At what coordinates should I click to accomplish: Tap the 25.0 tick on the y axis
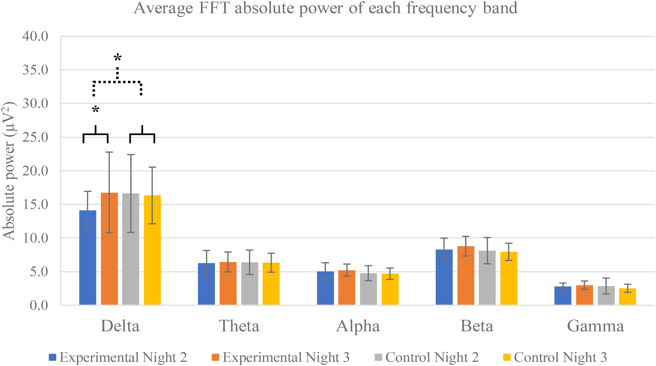(x=35, y=137)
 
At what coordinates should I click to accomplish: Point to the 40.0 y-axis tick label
(x=35, y=36)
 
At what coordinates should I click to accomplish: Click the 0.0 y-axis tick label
(x=39, y=305)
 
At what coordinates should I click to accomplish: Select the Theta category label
(x=239, y=326)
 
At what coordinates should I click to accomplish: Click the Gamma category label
(x=595, y=326)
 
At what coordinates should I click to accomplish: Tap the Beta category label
(x=477, y=326)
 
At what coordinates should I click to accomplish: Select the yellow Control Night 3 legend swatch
(x=507, y=358)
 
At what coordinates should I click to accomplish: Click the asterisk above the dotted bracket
(x=118, y=58)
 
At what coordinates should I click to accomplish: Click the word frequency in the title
(x=441, y=8)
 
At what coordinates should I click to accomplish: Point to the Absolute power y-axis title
(x=9, y=171)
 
